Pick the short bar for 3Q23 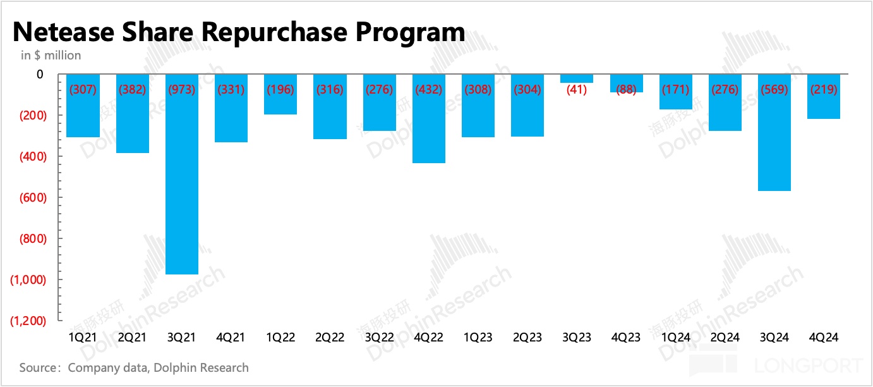coord(577,79)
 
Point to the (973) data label coord(182,90)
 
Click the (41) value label coord(577,90)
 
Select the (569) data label coord(774,90)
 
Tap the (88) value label coord(626,90)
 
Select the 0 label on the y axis coord(40,75)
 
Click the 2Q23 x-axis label coord(527,338)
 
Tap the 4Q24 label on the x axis coord(824,338)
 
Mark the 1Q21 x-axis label coord(83,338)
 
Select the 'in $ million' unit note coord(51,56)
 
